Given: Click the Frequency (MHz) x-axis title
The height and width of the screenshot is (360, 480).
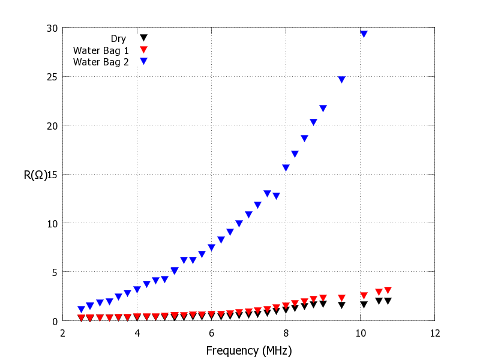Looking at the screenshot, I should [249, 350].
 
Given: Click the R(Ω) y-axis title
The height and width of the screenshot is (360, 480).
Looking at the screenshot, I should [35, 175].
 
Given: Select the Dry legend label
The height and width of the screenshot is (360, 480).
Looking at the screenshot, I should [118, 39].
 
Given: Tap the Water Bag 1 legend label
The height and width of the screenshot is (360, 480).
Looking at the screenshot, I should [101, 50].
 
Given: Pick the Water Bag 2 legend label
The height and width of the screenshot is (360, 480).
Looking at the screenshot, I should [101, 62].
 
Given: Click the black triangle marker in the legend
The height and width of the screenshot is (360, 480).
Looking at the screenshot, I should [143, 38].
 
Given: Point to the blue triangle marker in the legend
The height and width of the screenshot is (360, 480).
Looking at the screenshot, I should [143, 61].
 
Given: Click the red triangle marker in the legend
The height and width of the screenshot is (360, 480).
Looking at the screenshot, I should [143, 50].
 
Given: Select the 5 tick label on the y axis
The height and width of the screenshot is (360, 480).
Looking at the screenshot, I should [54, 272].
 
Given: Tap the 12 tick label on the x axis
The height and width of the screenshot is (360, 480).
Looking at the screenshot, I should [434, 333].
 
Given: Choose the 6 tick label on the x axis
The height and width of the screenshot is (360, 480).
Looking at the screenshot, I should [211, 333].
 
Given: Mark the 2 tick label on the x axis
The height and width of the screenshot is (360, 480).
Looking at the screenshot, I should [62, 333].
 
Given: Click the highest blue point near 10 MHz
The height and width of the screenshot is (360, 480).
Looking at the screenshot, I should [364, 34].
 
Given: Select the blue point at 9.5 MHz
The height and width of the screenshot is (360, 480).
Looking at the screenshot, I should [341, 79].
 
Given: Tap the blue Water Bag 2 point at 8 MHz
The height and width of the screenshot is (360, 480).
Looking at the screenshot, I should [286, 167].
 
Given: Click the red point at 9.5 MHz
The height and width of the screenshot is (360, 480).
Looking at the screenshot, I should [341, 298].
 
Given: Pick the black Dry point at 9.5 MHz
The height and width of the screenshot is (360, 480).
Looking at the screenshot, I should [341, 305].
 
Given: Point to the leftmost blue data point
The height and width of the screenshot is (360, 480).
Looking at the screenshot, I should [81, 310].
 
